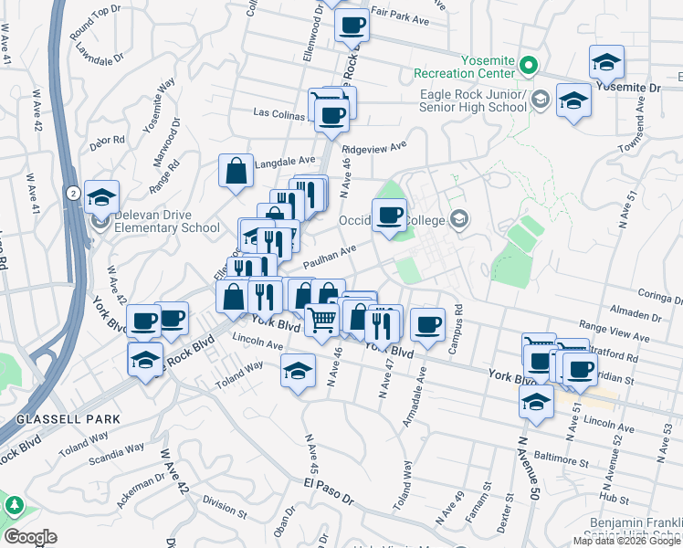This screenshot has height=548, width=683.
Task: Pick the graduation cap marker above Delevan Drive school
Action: point(102,196)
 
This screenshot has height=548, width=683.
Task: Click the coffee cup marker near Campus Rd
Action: point(426,323)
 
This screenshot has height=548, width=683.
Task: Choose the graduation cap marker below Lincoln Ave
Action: point(297,371)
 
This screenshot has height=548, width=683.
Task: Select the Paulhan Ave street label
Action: point(329,256)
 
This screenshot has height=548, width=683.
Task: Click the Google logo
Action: point(30,536)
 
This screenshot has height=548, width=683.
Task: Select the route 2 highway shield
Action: point(71,192)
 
